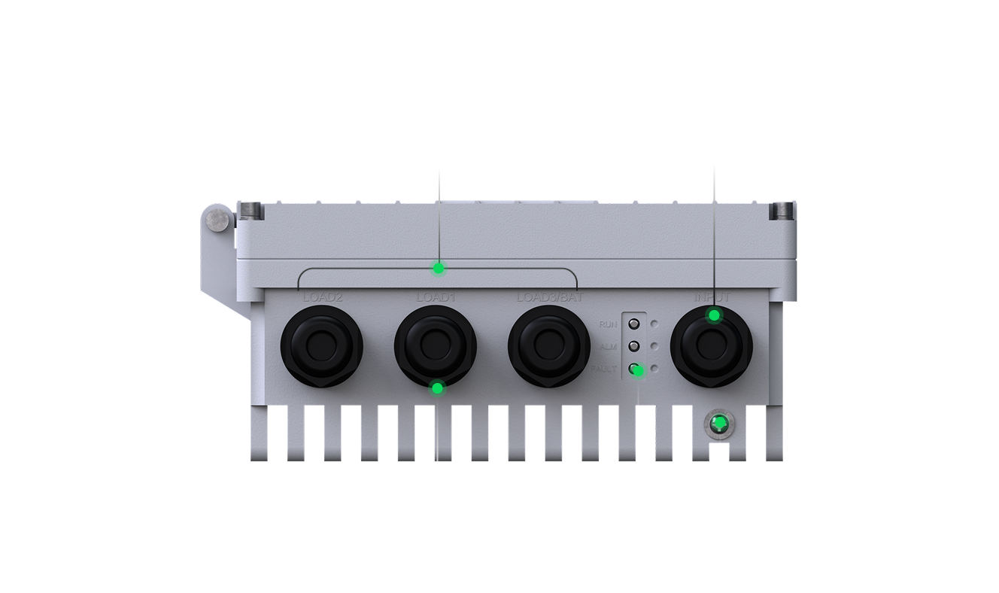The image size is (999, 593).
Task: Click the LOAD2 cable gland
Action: tap(322, 346)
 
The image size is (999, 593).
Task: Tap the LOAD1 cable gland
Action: tap(436, 346)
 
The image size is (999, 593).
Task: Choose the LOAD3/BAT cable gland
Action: tap(549, 346)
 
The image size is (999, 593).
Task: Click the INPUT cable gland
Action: tap(711, 346)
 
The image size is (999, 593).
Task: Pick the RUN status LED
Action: tap(634, 324)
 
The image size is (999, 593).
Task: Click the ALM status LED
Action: tap(634, 347)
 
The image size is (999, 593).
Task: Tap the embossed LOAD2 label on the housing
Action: tap(322, 297)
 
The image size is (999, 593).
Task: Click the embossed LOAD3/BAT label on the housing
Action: tap(549, 297)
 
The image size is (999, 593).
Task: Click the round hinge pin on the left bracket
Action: tap(218, 219)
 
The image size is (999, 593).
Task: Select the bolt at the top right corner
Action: tap(779, 211)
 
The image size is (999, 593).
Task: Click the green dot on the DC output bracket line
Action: tap(439, 268)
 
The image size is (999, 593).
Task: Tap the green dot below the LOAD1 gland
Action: tap(437, 388)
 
